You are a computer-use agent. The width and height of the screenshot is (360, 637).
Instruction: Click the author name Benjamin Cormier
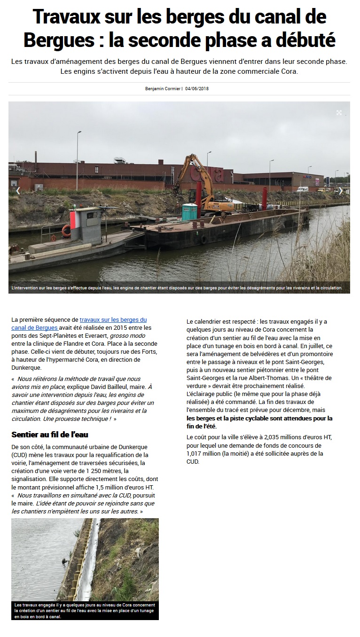pyautogui.click(x=163, y=89)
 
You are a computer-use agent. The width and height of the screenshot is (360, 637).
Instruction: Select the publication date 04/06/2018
pyautogui.click(x=197, y=89)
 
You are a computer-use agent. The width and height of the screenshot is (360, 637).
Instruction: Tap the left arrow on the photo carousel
pyautogui.click(x=18, y=191)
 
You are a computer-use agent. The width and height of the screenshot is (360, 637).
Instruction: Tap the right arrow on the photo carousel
pyautogui.click(x=340, y=191)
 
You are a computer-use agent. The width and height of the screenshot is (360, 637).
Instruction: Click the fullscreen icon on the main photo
pyautogui.click(x=339, y=113)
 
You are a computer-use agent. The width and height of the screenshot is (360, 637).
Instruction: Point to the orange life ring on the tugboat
pyautogui.click(x=66, y=230)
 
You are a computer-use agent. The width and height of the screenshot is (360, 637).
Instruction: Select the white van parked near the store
pyautogui.click(x=303, y=189)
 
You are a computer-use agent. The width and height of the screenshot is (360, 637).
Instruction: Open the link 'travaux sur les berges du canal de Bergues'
pyautogui.click(x=113, y=319)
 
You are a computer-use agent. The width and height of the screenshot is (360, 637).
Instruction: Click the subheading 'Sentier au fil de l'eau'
pyautogui.click(x=50, y=435)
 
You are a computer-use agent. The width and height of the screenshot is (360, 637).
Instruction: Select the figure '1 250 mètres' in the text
pyautogui.click(x=102, y=471)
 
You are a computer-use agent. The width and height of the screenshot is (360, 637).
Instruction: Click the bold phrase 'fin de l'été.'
pyautogui.click(x=202, y=426)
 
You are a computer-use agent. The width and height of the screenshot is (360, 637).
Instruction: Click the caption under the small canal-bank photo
pyautogui.click(x=85, y=611)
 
